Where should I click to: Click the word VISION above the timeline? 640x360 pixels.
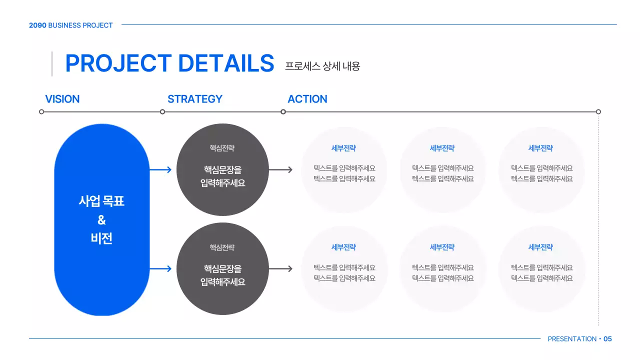tap(62, 99)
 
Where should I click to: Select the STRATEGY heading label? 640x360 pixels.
tap(194, 99)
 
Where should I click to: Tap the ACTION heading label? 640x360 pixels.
tap(307, 99)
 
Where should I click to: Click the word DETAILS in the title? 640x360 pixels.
tap(226, 63)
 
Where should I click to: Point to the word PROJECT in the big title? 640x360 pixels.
tap(118, 63)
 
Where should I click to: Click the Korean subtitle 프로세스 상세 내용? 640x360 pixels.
tap(322, 66)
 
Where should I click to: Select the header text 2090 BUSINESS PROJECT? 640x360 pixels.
tap(70, 25)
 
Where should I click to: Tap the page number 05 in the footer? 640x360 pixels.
tap(607, 339)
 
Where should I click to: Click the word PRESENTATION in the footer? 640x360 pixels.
tap(572, 339)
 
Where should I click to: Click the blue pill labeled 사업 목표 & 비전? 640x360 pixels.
tap(101, 219)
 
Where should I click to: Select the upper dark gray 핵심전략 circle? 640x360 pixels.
tap(222, 169)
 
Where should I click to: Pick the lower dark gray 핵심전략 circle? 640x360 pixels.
tap(222, 268)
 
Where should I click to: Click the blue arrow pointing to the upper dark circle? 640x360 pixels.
tap(160, 169)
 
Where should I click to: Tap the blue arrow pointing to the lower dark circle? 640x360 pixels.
tap(160, 268)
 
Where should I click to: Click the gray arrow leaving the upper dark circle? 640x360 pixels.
tap(280, 169)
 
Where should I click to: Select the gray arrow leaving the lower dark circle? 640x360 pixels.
tap(280, 268)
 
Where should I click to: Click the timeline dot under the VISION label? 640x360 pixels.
tap(41, 111)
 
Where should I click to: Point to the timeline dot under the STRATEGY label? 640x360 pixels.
tap(162, 111)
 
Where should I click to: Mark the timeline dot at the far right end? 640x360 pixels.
tap(598, 111)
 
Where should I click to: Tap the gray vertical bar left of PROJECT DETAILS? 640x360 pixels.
tap(52, 63)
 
